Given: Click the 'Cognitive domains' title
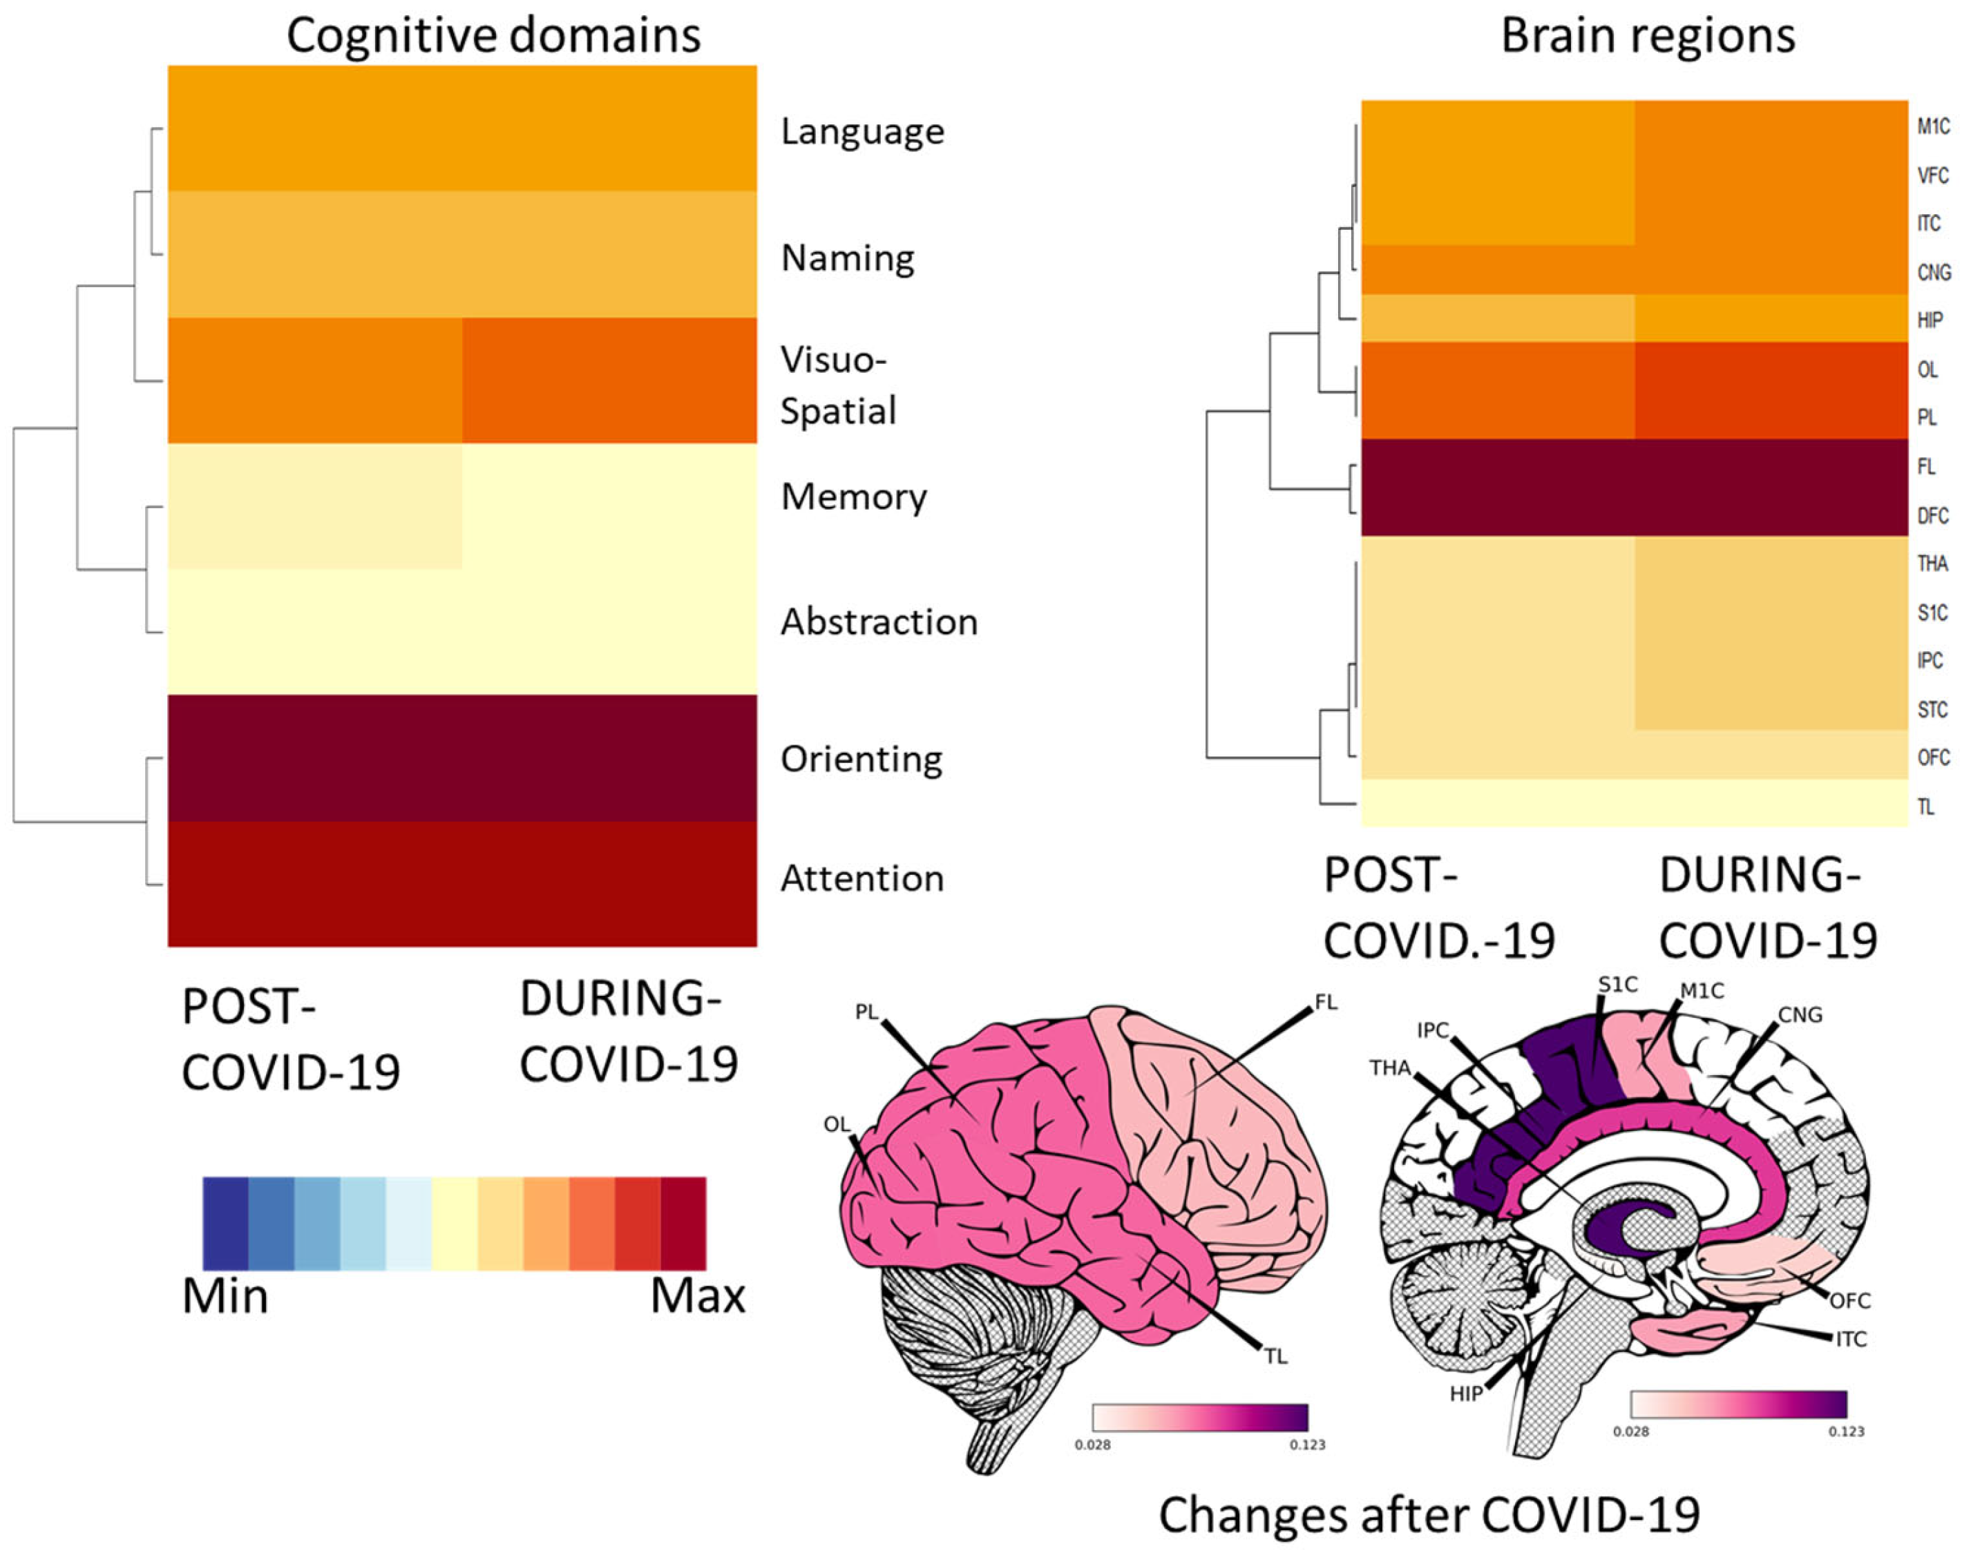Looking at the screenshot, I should click(493, 37).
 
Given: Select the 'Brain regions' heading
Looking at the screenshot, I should click(1647, 37).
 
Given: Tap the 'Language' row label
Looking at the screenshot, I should click(861, 132).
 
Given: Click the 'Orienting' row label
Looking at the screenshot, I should click(861, 759).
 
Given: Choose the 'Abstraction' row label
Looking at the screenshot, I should click(878, 622).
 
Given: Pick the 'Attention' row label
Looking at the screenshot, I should click(861, 879).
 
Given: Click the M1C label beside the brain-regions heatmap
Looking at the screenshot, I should click(1933, 126).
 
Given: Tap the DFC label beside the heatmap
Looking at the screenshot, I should click(1932, 516).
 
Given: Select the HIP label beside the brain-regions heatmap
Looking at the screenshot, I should click(1930, 320).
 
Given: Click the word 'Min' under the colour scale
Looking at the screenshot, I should click(225, 1296).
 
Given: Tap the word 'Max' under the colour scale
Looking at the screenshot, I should click(697, 1296).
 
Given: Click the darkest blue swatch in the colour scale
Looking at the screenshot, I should click(226, 1223).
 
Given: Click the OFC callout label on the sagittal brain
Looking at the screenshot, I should click(1850, 1301).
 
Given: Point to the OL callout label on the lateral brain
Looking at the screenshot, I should click(837, 1124).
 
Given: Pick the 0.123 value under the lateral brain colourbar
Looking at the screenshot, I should click(1307, 1445).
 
